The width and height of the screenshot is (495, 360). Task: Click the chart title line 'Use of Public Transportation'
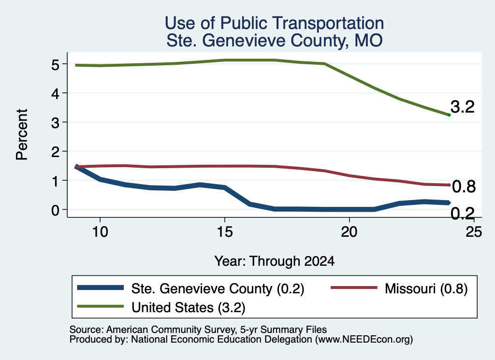click(x=275, y=23)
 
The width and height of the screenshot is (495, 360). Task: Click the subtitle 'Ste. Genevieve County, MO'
click(x=275, y=41)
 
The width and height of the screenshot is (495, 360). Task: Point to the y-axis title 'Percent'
click(x=22, y=134)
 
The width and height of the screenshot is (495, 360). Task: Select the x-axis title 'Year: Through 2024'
click(x=275, y=261)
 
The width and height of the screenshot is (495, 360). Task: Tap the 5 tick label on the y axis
click(x=55, y=65)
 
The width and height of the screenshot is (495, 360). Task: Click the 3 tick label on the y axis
click(x=55, y=123)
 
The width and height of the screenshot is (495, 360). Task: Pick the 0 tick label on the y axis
click(x=55, y=210)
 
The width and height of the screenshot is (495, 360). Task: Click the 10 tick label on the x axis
click(x=100, y=232)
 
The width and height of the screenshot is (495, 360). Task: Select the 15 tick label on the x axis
click(x=225, y=232)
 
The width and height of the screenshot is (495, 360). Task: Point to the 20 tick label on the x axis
click(x=349, y=232)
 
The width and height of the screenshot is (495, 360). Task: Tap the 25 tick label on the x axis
click(x=474, y=232)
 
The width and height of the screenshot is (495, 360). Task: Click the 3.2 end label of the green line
click(x=463, y=107)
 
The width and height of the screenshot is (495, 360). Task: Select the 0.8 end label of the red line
click(x=464, y=187)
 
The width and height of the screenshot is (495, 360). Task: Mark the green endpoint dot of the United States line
click(x=449, y=115)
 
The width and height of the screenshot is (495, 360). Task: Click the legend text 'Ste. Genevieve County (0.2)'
click(x=218, y=288)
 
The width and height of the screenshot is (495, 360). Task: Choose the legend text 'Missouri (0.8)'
click(x=426, y=288)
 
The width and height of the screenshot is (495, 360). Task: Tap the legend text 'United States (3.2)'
click(x=188, y=307)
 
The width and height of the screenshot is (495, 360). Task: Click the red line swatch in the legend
click(x=353, y=288)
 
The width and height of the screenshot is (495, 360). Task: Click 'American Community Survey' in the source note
click(x=171, y=330)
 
